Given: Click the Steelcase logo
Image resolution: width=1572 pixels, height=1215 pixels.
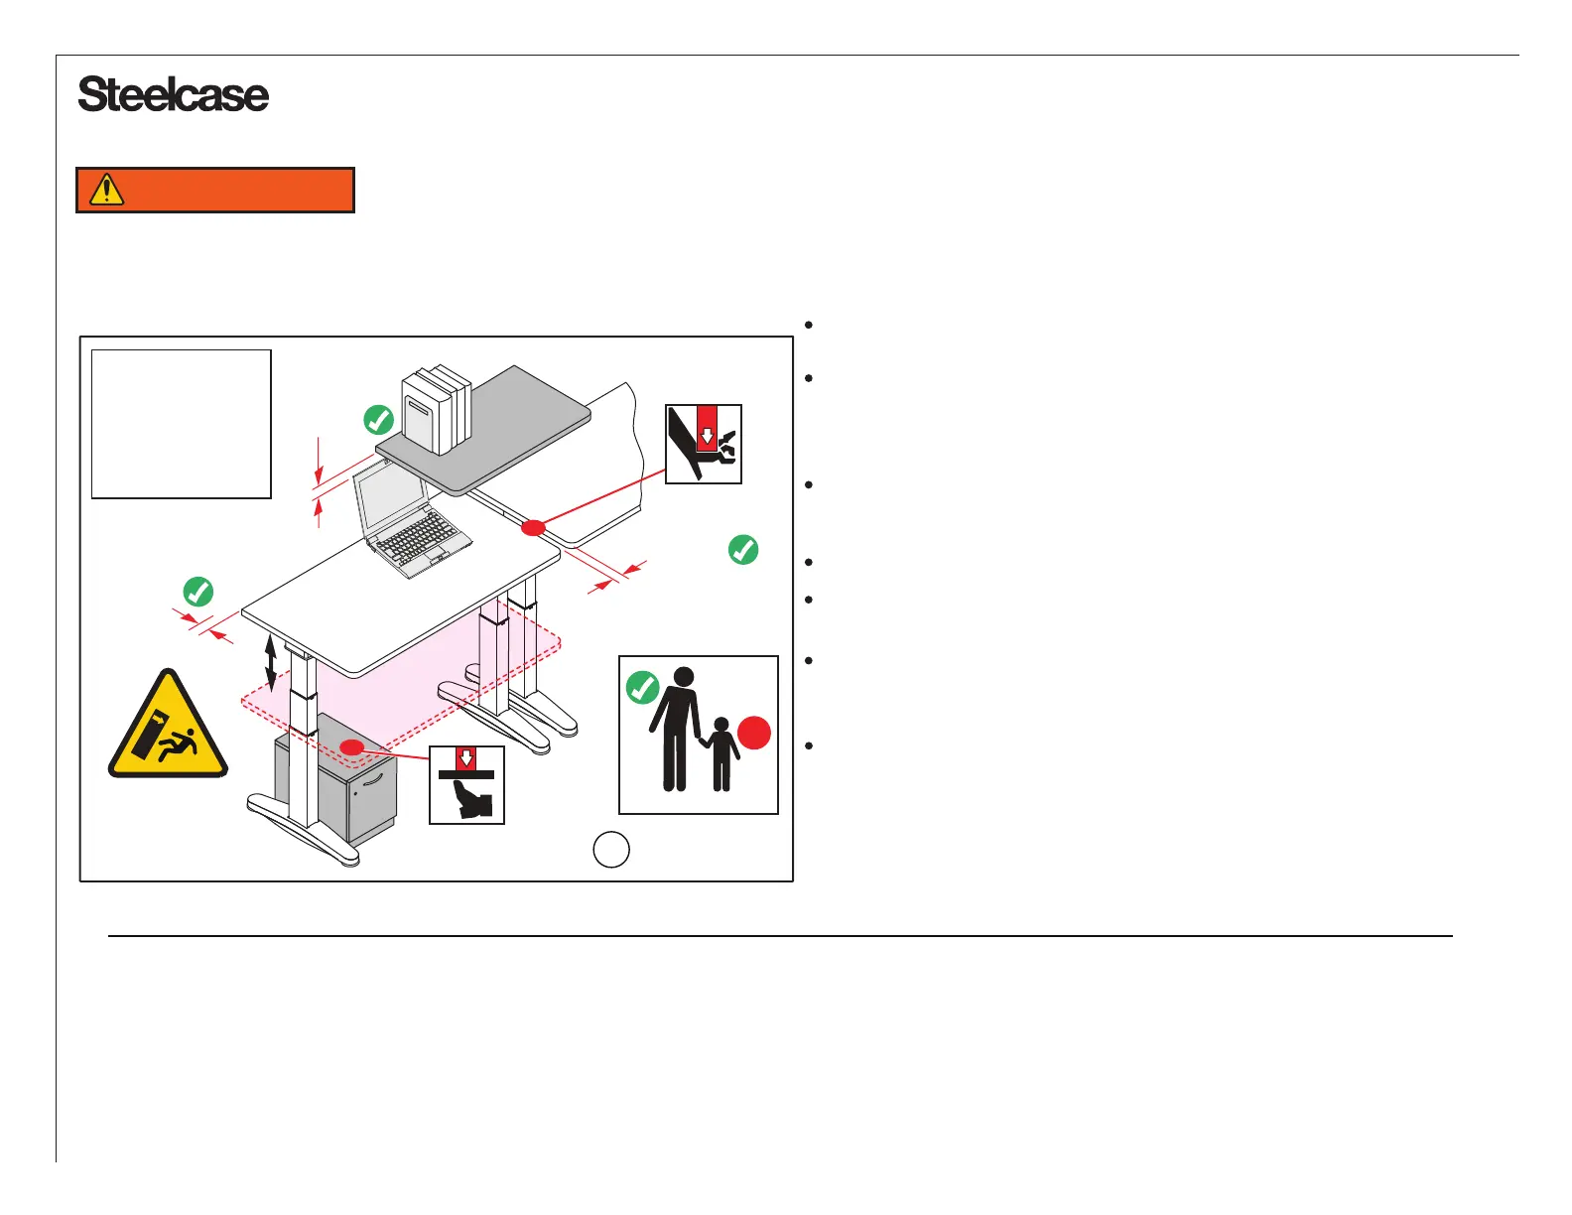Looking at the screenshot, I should [173, 95].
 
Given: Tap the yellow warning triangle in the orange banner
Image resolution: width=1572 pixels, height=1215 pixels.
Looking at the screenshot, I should [106, 189].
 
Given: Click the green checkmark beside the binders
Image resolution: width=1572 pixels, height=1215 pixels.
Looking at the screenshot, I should [379, 420].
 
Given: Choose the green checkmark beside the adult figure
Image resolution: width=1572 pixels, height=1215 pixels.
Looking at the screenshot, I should [642, 687].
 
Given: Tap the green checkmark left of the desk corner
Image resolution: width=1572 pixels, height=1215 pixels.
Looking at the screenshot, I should [198, 592].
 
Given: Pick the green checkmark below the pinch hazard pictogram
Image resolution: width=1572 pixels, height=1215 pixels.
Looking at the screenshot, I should [743, 549].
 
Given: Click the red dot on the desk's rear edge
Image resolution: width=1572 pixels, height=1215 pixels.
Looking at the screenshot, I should [533, 527].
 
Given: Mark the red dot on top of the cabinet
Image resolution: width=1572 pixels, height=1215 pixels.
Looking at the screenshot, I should [351, 746].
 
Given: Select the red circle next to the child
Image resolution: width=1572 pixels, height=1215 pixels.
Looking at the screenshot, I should [754, 734].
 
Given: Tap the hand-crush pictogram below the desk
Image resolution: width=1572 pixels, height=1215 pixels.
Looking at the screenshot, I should [466, 785].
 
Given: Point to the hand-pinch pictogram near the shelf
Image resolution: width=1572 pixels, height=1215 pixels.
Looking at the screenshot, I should [703, 444].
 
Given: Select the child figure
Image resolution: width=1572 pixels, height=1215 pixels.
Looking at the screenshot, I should [721, 754].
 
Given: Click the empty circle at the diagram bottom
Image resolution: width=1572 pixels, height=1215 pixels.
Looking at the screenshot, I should [611, 849].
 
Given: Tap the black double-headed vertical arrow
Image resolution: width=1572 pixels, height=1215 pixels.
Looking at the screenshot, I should [271, 663].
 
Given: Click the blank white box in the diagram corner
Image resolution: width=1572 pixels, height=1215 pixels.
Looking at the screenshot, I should [181, 424].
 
